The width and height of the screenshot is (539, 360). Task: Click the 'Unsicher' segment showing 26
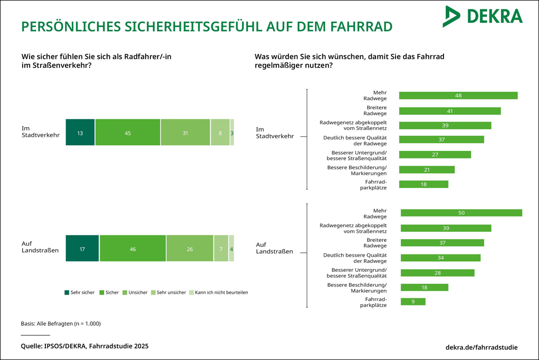pos(190,248)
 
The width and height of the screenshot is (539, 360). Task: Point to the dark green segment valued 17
pos(82,248)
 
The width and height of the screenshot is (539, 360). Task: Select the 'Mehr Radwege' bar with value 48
pos(458,96)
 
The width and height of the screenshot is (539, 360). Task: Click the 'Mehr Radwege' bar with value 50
pos(461,213)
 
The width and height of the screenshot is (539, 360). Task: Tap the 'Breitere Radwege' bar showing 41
pos(449,111)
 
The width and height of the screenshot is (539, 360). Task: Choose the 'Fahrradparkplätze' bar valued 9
pos(413,301)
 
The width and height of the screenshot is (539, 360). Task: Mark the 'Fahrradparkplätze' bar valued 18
pos(423,184)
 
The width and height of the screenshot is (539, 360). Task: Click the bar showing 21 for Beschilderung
pos(427,169)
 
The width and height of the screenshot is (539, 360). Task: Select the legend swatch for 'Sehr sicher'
pos(66,292)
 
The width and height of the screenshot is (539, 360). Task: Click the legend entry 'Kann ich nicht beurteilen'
pos(221,292)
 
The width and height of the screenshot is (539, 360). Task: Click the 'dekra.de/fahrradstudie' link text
pos(482,347)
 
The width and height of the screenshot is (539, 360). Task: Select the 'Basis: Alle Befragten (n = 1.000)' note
pos(61,323)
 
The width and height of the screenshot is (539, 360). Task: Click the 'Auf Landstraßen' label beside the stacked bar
pos(40,248)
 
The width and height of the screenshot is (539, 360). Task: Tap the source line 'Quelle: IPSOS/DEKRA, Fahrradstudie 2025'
pos(84,346)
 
